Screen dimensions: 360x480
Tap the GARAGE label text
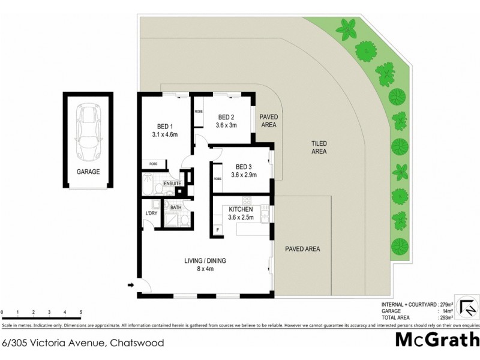click(x=88, y=172)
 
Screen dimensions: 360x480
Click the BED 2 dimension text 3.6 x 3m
click(x=226, y=125)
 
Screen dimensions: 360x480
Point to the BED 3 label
click(x=244, y=167)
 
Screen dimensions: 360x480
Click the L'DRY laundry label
click(x=151, y=213)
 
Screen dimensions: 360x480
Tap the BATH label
click(x=176, y=208)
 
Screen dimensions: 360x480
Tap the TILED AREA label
click(x=319, y=148)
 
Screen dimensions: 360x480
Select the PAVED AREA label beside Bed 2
click(x=268, y=121)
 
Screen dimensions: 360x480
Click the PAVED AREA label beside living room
click(x=302, y=248)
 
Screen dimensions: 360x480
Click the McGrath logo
click(x=437, y=340)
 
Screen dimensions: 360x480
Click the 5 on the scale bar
click(x=80, y=313)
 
